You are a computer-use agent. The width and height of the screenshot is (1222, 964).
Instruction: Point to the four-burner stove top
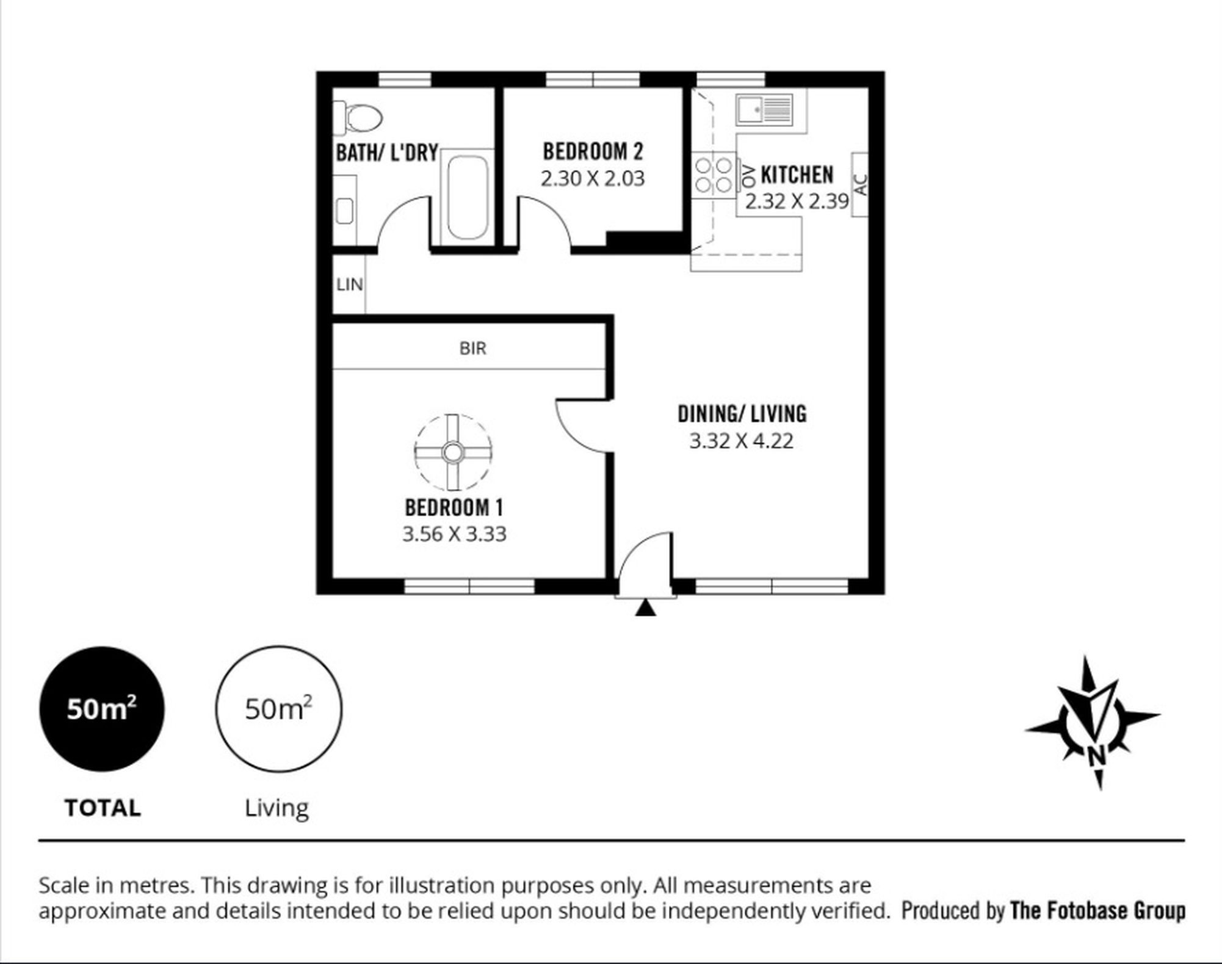[714, 174]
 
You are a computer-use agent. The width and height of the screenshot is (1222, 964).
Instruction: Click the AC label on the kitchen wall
[859, 184]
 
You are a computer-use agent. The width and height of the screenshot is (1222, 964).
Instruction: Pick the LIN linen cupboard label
[349, 284]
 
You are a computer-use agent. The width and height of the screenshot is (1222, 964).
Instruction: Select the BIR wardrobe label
[473, 349]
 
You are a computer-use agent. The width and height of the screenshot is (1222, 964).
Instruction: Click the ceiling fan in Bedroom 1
[452, 452]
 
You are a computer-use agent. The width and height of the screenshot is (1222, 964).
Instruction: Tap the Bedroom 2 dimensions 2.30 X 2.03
[593, 178]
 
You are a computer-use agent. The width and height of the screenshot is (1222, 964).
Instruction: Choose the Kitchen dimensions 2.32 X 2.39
[797, 201]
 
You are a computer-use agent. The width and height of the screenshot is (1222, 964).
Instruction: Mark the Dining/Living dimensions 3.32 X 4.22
[742, 440]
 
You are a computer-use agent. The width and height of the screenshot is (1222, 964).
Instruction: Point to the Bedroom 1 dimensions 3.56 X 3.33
[454, 534]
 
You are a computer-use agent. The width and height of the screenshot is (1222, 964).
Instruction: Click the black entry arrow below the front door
[645, 608]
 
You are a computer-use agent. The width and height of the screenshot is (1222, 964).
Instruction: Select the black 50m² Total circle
[102, 709]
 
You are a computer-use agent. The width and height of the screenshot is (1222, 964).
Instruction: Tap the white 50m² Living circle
[278, 709]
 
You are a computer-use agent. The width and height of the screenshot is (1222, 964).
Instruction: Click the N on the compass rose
[1097, 756]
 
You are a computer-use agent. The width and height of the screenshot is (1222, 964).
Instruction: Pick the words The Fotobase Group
[1097, 910]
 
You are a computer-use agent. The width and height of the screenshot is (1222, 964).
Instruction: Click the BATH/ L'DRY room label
[387, 152]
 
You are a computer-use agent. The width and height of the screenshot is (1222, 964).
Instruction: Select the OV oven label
[748, 176]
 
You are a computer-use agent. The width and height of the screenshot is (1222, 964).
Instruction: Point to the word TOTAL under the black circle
[103, 808]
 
